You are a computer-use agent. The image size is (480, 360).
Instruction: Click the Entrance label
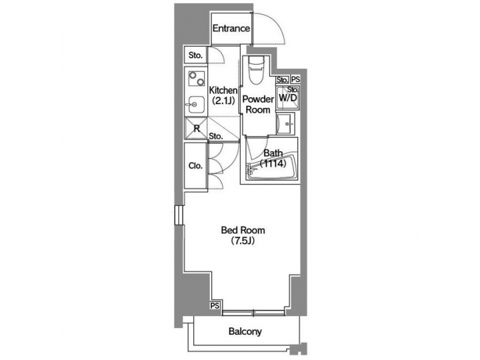click(x=231, y=29)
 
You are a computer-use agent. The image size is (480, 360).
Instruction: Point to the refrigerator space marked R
click(x=197, y=128)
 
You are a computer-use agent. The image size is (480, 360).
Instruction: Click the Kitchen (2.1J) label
click(x=223, y=95)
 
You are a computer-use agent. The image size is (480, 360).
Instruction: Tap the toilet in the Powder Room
click(x=256, y=69)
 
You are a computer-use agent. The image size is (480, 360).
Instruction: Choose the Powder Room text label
click(x=257, y=105)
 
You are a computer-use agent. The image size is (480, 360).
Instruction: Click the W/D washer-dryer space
click(x=288, y=96)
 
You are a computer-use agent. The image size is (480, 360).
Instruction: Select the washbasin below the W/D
click(x=285, y=123)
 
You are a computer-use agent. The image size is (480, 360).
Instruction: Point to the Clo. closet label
click(x=195, y=165)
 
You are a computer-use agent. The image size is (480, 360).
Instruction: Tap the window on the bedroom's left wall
click(x=179, y=216)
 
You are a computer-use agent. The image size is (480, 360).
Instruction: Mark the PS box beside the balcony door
click(x=215, y=305)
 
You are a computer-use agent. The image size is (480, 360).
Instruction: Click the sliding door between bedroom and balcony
click(x=255, y=311)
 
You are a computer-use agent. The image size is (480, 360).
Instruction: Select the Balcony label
click(x=245, y=331)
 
